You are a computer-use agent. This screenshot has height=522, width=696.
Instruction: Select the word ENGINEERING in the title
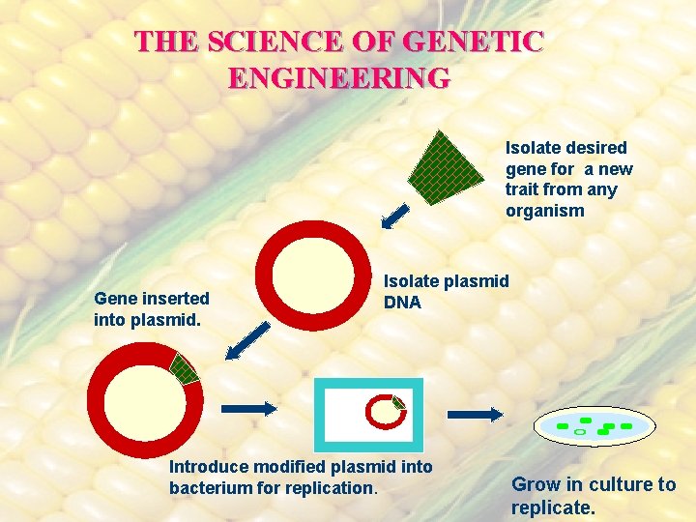click(x=339, y=76)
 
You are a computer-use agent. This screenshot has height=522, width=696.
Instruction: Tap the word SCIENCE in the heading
click(x=267, y=41)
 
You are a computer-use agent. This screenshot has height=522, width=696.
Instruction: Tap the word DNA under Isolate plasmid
click(x=402, y=303)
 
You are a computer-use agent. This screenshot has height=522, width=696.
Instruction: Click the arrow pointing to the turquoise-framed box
click(x=248, y=408)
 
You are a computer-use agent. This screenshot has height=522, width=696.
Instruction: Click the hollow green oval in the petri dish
click(x=580, y=432)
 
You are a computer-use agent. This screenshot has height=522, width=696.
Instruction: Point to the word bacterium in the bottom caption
click(x=210, y=488)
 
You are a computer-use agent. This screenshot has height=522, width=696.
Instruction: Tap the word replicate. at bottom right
click(x=553, y=507)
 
